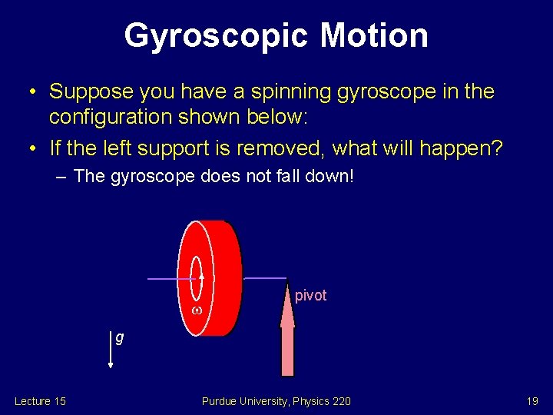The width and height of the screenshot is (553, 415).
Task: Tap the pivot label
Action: (x=310, y=296)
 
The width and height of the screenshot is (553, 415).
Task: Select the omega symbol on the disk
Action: (x=197, y=310)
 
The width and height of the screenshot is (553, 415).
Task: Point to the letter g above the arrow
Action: (x=120, y=337)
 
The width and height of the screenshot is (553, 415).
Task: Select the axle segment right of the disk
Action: (x=263, y=277)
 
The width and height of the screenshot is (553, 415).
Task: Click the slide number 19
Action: (x=532, y=401)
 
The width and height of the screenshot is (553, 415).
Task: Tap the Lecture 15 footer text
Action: (x=40, y=401)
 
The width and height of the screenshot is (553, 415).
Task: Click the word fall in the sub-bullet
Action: (x=277, y=177)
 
